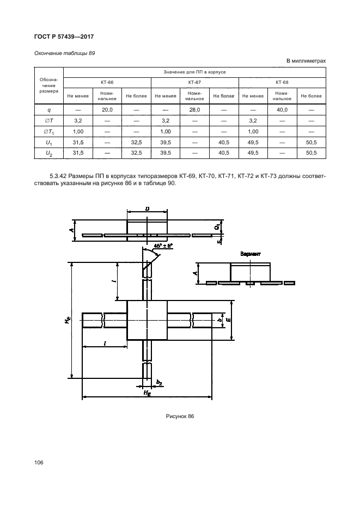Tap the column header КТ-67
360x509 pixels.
pyautogui.click(x=194, y=82)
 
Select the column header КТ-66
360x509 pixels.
pyautogui.click(x=107, y=82)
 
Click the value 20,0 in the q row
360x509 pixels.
pyautogui.click(x=107, y=109)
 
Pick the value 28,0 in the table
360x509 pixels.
pyautogui.click(x=194, y=109)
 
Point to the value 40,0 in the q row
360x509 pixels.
pyautogui.click(x=282, y=109)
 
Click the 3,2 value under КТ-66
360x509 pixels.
pyautogui.click(x=78, y=120)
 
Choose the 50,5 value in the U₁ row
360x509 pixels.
pyautogui.click(x=312, y=143)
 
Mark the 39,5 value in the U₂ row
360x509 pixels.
pyautogui.click(x=166, y=154)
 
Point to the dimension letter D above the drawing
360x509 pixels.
pyautogui.click(x=148, y=208)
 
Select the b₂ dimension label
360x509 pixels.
pyautogui.click(x=159, y=383)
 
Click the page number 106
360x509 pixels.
pyautogui.click(x=39, y=462)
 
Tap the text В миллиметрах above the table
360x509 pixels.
pyautogui.click(x=306, y=60)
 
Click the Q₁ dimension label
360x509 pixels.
pyautogui.click(x=216, y=225)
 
